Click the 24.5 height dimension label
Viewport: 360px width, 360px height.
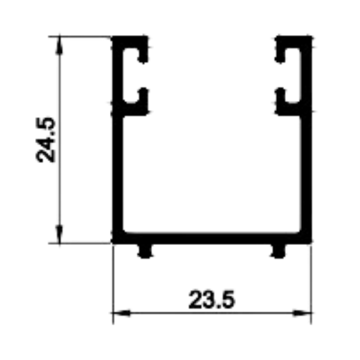click(x=45, y=140)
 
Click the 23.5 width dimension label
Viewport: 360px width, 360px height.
click(x=212, y=299)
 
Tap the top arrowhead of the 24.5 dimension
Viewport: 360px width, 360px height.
click(x=59, y=45)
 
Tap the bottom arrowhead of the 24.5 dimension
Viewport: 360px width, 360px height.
click(x=59, y=234)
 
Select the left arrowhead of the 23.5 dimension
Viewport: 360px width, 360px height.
click(x=121, y=313)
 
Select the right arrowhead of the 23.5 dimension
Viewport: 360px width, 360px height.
click(x=302, y=313)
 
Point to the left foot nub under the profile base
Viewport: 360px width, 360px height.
click(x=145, y=251)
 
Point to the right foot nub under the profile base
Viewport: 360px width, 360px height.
click(x=278, y=251)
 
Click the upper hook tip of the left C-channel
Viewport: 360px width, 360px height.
click(x=143, y=60)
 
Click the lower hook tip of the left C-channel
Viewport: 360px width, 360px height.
click(x=143, y=90)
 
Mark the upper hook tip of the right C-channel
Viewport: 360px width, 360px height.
click(x=280, y=60)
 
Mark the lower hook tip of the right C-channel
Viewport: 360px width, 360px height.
click(x=280, y=90)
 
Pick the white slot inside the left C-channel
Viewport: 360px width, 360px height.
click(x=130, y=75)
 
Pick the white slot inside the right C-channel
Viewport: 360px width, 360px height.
click(x=293, y=75)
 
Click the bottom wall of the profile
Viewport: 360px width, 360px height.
click(x=212, y=239)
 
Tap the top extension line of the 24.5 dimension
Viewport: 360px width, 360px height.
click(x=80, y=36)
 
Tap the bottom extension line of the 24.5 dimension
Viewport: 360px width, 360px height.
click(x=80, y=243)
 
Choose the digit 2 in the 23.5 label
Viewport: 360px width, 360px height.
click(x=196, y=300)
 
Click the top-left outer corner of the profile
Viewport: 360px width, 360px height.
click(x=113, y=36)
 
